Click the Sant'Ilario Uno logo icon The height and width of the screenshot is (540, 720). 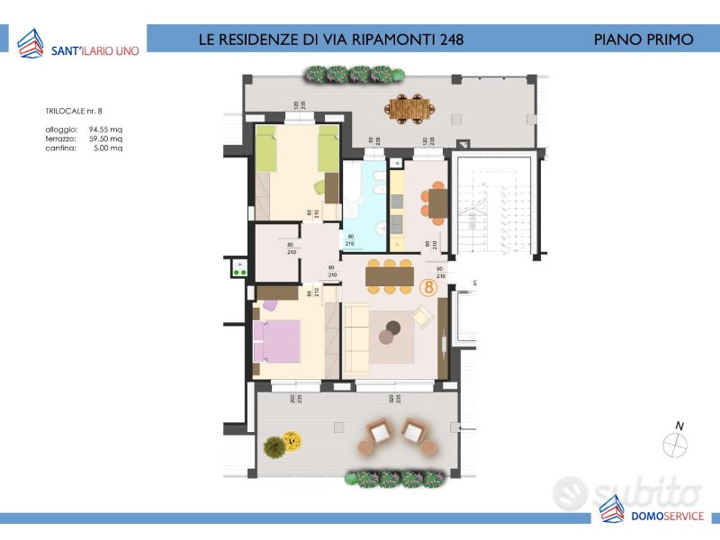pyautogui.click(x=30, y=42)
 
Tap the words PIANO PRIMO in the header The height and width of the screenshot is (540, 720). pyautogui.click(x=643, y=40)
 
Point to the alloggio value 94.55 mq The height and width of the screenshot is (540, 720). pyautogui.click(x=105, y=130)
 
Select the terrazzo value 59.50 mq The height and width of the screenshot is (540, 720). pyautogui.click(x=105, y=139)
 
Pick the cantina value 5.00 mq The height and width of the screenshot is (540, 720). pyautogui.click(x=108, y=148)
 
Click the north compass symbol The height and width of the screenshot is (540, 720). pyautogui.click(x=675, y=445)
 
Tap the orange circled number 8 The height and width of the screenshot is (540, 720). pyautogui.click(x=429, y=288)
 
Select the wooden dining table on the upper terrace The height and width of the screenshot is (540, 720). pyautogui.click(x=410, y=108)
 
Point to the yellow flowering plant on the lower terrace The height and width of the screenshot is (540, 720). pyautogui.click(x=292, y=440)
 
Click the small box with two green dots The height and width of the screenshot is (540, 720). pyautogui.click(x=240, y=267)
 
